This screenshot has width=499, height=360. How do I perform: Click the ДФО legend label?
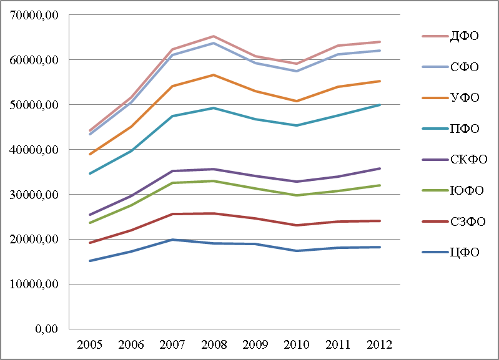click(x=464, y=36)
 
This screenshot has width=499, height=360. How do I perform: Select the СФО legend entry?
click(x=464, y=67)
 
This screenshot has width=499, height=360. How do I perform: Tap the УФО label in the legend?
click(x=465, y=97)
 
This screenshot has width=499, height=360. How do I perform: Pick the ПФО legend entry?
click(x=465, y=129)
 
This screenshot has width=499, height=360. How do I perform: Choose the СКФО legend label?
click(x=468, y=159)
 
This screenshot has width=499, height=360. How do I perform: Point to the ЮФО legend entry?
click(x=467, y=190)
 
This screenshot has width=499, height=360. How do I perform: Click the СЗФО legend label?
click(x=468, y=221)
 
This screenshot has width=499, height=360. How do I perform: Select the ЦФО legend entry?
click(x=465, y=252)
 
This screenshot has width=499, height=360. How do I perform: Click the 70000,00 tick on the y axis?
click(x=34, y=15)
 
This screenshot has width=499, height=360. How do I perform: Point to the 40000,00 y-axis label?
click(x=34, y=150)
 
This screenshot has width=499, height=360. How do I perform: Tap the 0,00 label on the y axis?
click(x=46, y=329)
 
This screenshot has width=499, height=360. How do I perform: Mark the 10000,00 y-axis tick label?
click(x=34, y=284)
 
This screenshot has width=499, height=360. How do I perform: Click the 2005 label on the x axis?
click(x=90, y=344)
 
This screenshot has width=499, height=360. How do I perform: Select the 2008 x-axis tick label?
click(x=214, y=344)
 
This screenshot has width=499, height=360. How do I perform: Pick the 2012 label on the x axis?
click(x=379, y=344)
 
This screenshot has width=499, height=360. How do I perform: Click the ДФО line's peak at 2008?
click(x=214, y=36)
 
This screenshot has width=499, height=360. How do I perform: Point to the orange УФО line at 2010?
click(x=297, y=101)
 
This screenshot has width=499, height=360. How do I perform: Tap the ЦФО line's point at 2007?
click(x=172, y=240)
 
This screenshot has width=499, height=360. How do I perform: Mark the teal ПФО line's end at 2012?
click(x=380, y=105)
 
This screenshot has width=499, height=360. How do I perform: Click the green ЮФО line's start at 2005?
click(x=90, y=223)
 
